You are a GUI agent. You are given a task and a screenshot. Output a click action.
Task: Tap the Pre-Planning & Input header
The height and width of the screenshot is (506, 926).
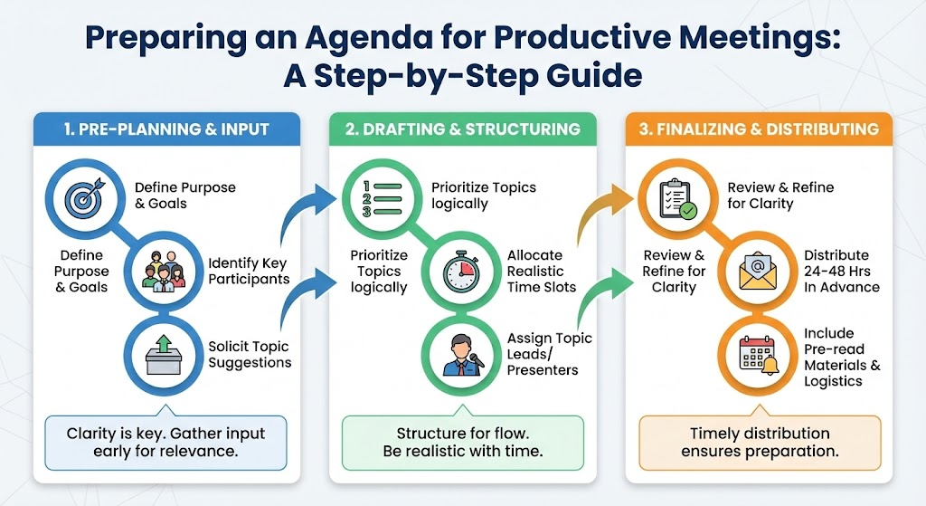coord(166,129)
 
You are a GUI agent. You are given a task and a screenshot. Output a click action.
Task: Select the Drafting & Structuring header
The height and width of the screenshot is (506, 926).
coord(463,129)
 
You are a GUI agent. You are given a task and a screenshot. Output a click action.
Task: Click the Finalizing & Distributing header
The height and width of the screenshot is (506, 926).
coord(759,129)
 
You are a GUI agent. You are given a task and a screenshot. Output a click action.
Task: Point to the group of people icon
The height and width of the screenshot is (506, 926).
coord(164,272)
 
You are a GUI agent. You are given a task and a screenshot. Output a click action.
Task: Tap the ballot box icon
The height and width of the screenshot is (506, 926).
coord(164,355)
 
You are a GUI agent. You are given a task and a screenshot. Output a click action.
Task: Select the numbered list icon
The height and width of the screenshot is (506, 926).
coord(381,198)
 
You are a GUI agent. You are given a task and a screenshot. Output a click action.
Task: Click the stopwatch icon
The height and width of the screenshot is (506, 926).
coord(461,272)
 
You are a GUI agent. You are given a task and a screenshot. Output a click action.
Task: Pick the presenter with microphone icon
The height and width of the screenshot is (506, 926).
coord(463,355)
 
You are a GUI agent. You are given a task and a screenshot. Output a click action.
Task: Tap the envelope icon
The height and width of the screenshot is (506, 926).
coord(759,272)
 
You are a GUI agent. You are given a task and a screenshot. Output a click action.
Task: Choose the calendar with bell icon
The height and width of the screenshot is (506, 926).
coord(760,356)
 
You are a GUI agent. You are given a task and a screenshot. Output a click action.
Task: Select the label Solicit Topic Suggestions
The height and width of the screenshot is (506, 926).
coord(250,354)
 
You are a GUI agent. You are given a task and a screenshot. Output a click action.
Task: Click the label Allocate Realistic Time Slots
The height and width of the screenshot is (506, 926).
coord(542,272)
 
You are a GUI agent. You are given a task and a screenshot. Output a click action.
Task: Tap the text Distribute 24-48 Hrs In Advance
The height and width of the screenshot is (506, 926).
coord(842,272)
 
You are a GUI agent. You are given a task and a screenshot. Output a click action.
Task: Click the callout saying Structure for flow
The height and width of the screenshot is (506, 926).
coord(463,442)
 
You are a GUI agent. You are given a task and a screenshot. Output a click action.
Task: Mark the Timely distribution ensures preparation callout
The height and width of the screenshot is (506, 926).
coord(760,442)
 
